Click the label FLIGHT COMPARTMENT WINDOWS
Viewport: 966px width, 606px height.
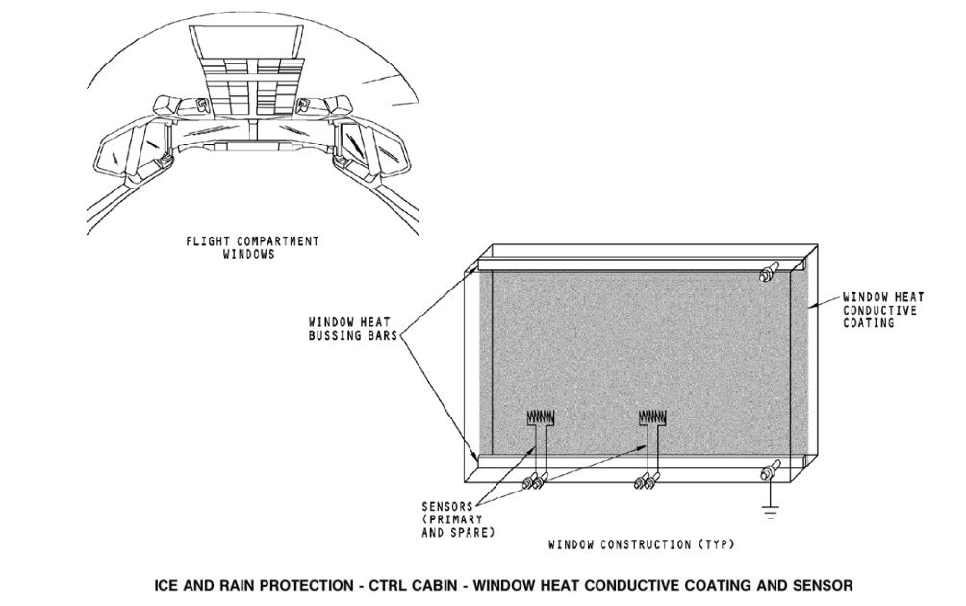[252, 247]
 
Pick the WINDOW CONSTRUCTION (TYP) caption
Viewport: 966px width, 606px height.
[642, 544]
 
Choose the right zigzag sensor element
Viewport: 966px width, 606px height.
[653, 418]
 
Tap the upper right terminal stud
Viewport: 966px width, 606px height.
[767, 274]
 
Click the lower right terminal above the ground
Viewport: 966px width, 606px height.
[769, 472]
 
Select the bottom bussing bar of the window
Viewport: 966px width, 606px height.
[635, 463]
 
